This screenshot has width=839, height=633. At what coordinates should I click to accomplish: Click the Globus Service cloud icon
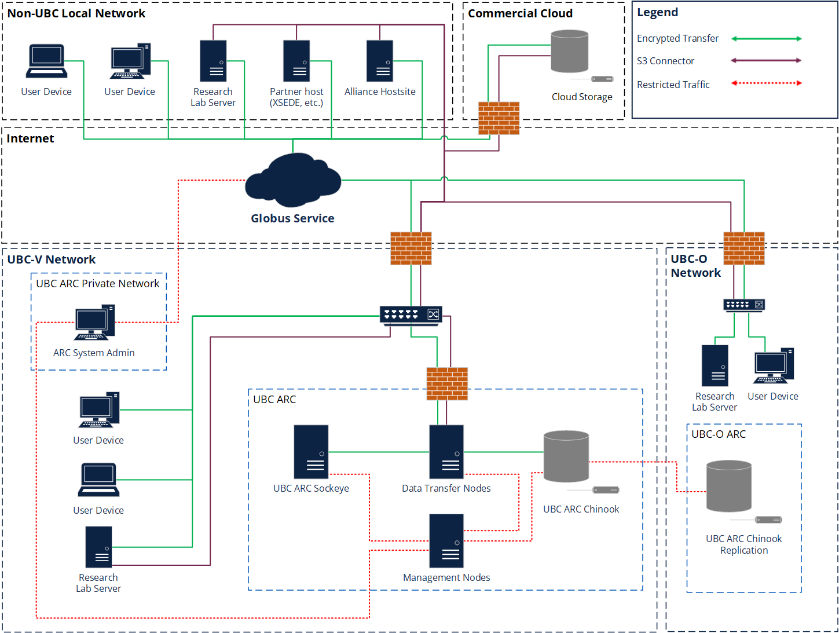[x=293, y=181]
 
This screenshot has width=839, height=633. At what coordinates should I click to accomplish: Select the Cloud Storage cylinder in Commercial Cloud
[x=569, y=52]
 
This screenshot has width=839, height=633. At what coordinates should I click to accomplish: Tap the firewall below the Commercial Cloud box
[x=499, y=118]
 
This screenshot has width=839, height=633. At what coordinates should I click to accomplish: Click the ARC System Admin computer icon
[x=94, y=323]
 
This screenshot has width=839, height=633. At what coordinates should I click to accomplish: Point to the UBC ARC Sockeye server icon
[x=311, y=452]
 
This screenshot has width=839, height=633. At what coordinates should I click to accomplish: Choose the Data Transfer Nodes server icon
[x=446, y=452]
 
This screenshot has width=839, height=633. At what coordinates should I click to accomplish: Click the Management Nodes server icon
[x=446, y=541]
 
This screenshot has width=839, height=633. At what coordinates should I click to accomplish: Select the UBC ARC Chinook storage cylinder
[x=566, y=456]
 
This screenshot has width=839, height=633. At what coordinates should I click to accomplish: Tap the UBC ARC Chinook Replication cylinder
[x=729, y=486]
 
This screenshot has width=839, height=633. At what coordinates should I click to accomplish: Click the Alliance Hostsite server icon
[x=380, y=61]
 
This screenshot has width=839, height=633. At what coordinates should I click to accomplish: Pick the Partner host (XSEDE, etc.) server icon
[x=296, y=61]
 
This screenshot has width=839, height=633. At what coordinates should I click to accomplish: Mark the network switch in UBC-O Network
[x=744, y=305]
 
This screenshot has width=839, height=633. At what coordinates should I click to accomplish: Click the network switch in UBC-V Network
[x=411, y=314]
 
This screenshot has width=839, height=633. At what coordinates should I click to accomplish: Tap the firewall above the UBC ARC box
[x=447, y=383]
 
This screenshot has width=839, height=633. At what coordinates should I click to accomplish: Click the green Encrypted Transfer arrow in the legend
[x=766, y=39]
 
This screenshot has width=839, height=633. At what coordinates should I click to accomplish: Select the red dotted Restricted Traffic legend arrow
[x=766, y=83]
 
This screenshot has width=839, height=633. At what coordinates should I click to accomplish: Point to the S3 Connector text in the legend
[x=665, y=61]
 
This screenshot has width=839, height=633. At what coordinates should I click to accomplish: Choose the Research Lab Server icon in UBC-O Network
[x=715, y=366]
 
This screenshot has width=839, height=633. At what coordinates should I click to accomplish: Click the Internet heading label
[x=30, y=138]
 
